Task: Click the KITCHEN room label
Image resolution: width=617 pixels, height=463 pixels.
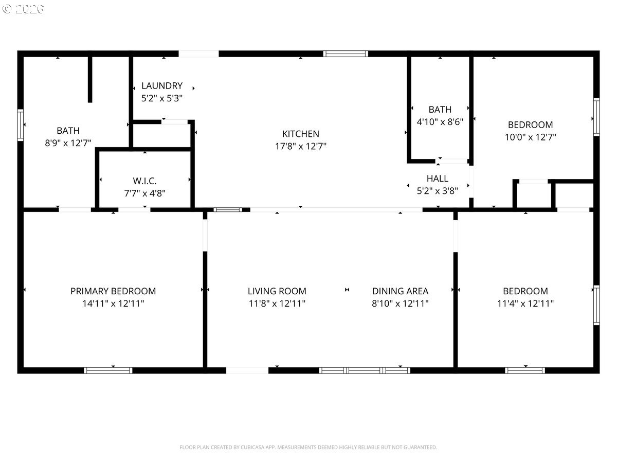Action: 300,134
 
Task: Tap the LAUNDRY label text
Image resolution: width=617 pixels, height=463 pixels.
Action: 162,86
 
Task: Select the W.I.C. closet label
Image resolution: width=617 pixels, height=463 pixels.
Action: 144,181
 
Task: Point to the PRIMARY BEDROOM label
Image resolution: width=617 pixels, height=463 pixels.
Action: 113,291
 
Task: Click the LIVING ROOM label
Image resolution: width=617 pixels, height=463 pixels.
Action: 277,291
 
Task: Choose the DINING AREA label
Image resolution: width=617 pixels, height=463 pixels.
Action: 400,291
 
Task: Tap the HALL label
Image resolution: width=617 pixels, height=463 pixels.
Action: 438,179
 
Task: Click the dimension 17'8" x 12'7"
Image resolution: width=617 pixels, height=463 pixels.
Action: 300,146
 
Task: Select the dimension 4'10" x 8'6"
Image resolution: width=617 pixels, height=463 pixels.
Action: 440,122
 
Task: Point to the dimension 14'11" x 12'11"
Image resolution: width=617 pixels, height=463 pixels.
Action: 113,304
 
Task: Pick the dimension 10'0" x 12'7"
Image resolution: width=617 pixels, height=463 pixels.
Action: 531,137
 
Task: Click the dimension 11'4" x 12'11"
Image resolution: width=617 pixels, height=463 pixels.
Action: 525,304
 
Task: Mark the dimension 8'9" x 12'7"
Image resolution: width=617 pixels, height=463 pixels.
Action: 68,143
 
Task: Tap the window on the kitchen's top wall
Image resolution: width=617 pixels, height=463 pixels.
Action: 346,54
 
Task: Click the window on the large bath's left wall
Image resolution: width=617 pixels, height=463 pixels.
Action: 20,125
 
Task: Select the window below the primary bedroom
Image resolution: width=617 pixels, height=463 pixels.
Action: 108,370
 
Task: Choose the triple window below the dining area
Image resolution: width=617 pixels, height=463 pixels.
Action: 365,370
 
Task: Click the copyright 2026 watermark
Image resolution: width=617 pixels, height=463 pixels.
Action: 23,9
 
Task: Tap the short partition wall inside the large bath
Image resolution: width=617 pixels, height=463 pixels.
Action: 90,80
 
